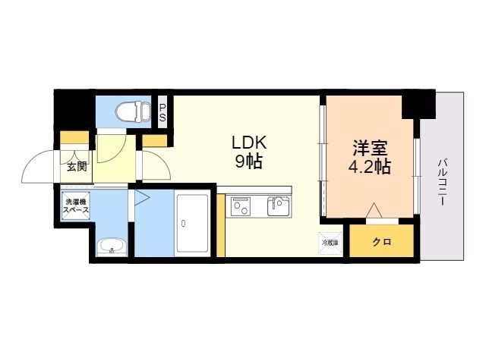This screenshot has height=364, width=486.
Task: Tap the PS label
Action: tap(163, 112)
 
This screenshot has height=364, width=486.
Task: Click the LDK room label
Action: tap(250, 142)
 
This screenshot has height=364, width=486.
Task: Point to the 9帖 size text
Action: tap(250, 161)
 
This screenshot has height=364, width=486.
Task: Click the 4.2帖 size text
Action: tap(370, 167)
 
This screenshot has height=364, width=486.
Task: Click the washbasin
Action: tap(112, 246)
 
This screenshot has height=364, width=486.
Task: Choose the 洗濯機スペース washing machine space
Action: tap(77, 206)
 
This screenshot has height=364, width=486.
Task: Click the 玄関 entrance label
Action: tap(76, 167)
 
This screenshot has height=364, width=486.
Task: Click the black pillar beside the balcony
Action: tap(416, 104)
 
